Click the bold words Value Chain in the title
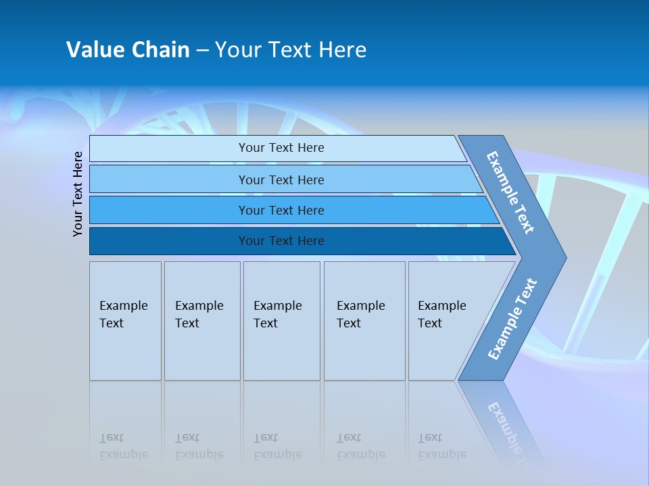[x=128, y=50]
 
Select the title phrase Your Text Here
[x=291, y=50]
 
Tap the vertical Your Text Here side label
[x=78, y=194]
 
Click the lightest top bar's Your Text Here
[x=281, y=148]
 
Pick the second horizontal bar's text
[x=281, y=180]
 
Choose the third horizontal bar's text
[x=281, y=211]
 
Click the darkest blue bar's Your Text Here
[x=281, y=241]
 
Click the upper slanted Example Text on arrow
[x=511, y=192]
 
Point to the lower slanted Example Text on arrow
[x=512, y=319]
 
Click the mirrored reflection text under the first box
[x=123, y=446]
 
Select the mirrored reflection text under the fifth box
[x=441, y=446]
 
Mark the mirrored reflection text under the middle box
[x=277, y=446]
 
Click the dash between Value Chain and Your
[x=202, y=51]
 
